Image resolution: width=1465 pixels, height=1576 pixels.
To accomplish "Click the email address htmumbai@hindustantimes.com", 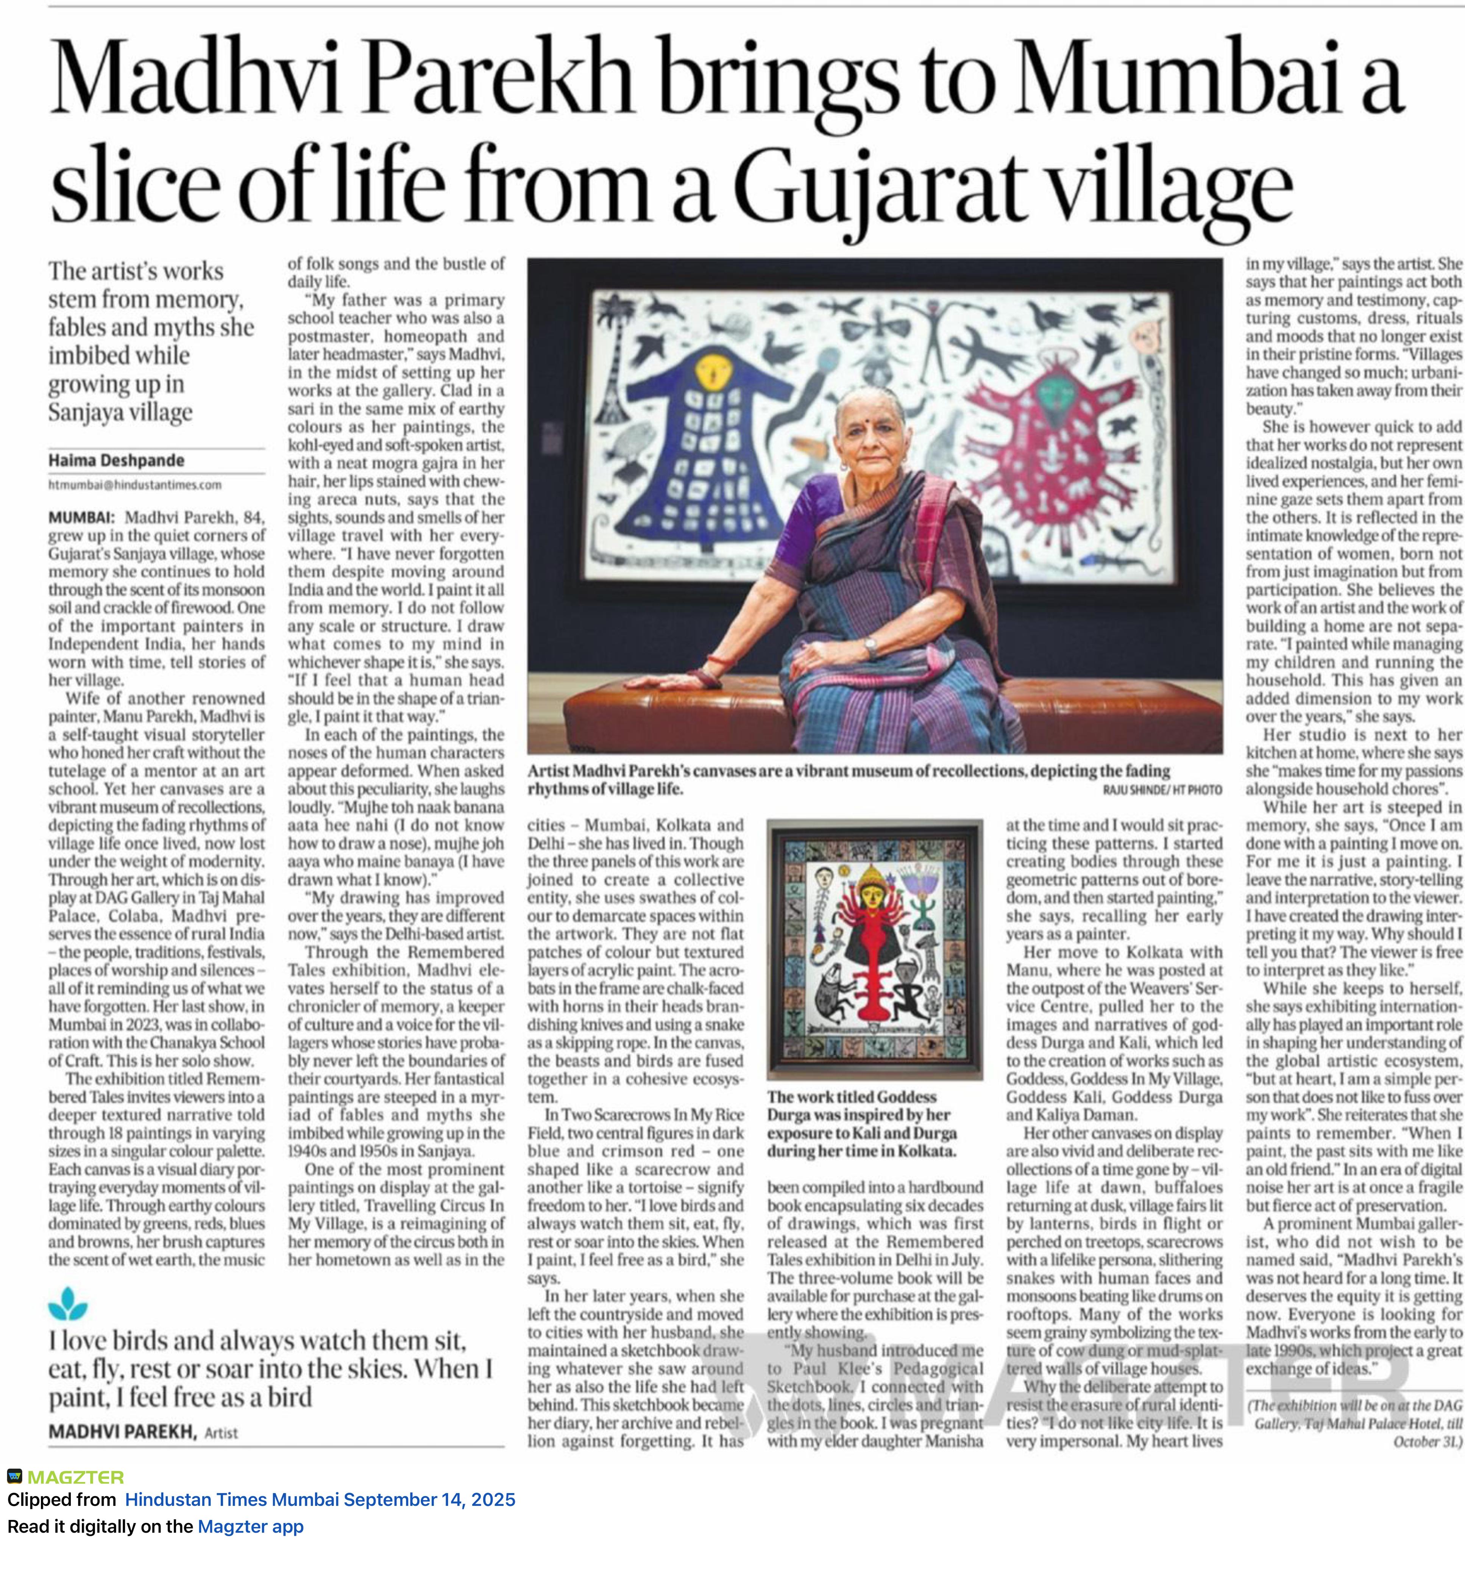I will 135,485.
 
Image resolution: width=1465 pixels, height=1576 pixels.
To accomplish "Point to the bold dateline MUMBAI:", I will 82,518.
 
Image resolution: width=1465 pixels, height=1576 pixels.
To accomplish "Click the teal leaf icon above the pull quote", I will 68,1304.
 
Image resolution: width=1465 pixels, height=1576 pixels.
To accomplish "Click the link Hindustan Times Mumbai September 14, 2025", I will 320,1500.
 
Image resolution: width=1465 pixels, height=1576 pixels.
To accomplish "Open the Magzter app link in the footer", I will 250,1527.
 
